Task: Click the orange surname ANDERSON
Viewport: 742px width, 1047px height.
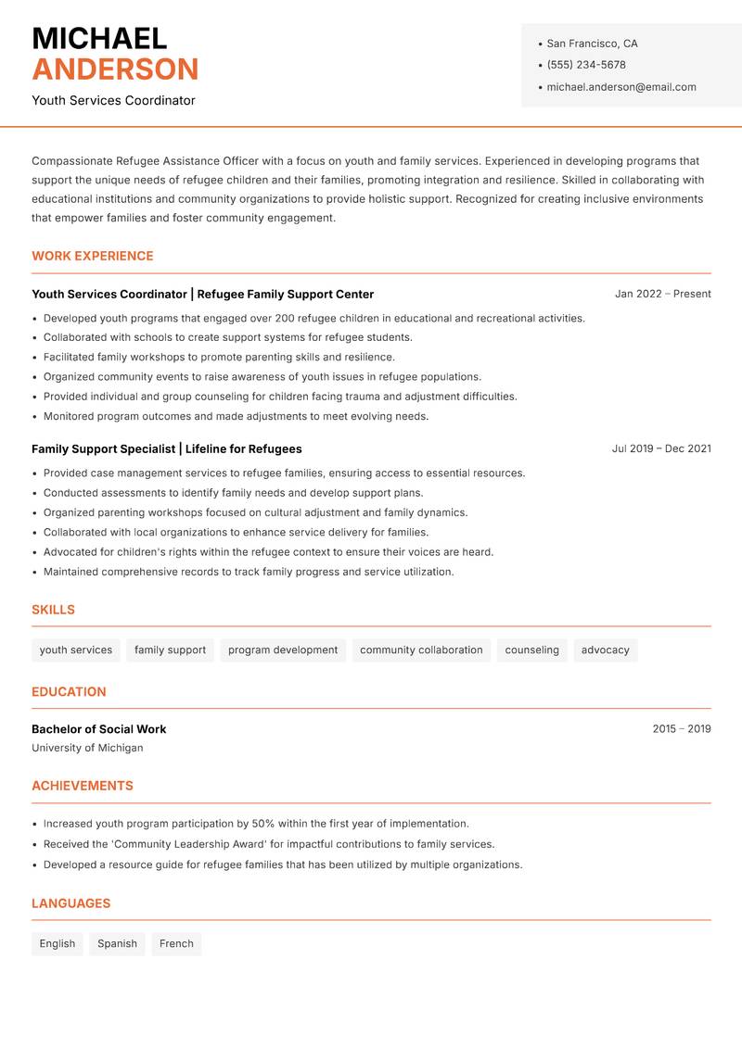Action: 115,69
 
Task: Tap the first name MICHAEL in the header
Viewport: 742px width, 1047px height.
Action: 99,38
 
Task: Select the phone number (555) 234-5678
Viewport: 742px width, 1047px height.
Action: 585,65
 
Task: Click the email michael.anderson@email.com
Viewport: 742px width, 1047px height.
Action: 620,87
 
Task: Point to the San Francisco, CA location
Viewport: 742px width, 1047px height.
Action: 592,44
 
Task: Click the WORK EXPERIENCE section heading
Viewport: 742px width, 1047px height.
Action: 93,256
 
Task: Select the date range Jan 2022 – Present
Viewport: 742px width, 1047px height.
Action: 662,294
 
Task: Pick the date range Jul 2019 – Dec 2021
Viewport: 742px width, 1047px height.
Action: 661,448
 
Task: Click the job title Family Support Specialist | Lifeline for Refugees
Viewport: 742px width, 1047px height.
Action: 167,448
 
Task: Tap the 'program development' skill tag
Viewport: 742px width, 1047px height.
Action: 283,650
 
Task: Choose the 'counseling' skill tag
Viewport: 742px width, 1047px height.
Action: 531,650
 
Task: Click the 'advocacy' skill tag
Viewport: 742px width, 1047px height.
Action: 605,650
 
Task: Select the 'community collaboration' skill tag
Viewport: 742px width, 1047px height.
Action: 421,650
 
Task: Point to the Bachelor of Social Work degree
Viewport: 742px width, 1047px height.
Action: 99,729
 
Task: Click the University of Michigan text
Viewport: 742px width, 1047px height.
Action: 87,748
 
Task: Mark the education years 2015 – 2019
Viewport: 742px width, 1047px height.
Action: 681,729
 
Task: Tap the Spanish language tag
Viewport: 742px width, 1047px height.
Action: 117,944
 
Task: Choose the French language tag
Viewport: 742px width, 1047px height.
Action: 176,944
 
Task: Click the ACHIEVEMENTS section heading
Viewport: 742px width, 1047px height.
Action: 83,786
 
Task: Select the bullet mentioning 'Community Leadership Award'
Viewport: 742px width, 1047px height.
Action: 269,844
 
